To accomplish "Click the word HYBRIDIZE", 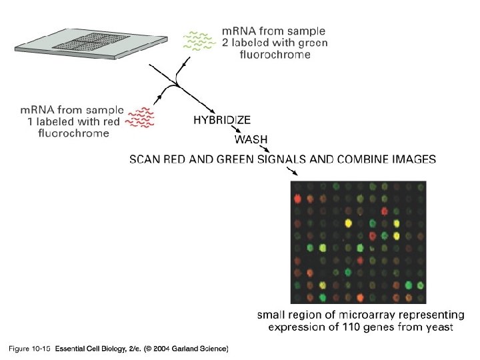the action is [x=222, y=121].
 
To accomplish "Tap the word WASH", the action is [x=251, y=140].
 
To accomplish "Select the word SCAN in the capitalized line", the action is [x=145, y=159].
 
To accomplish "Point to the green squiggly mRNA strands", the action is [x=199, y=41].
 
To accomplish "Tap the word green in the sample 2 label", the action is [x=311, y=43].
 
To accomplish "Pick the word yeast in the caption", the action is [x=437, y=327].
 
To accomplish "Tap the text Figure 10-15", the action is [x=30, y=349].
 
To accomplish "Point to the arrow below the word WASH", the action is [x=263, y=149].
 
